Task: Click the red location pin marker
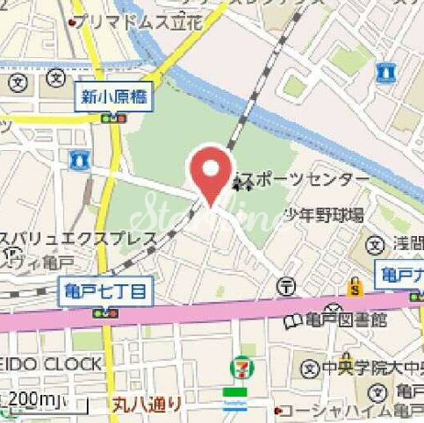(x=211, y=172)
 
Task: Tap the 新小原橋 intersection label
(x=114, y=97)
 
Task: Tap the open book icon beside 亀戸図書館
(x=291, y=322)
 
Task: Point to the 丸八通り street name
(x=147, y=405)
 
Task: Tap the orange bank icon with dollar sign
(x=355, y=286)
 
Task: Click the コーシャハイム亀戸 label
(x=350, y=411)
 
